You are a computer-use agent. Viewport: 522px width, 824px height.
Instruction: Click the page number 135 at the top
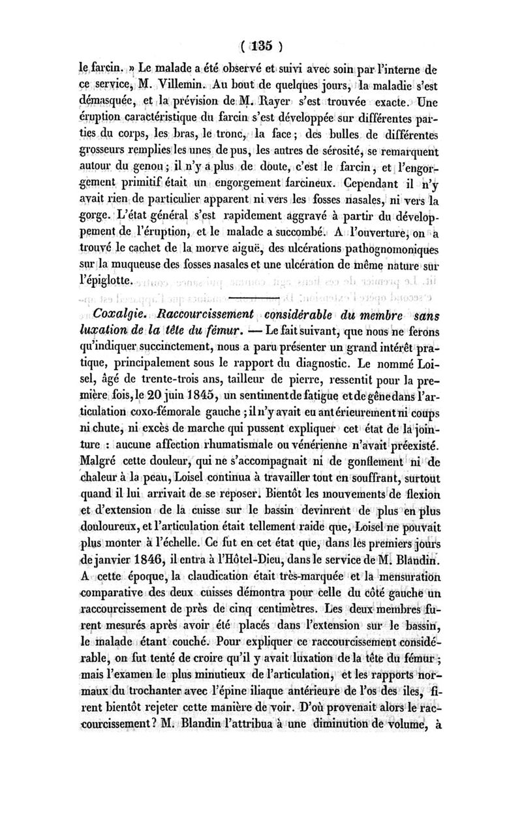(261, 47)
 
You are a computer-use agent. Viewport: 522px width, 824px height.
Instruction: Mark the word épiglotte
(108, 280)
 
